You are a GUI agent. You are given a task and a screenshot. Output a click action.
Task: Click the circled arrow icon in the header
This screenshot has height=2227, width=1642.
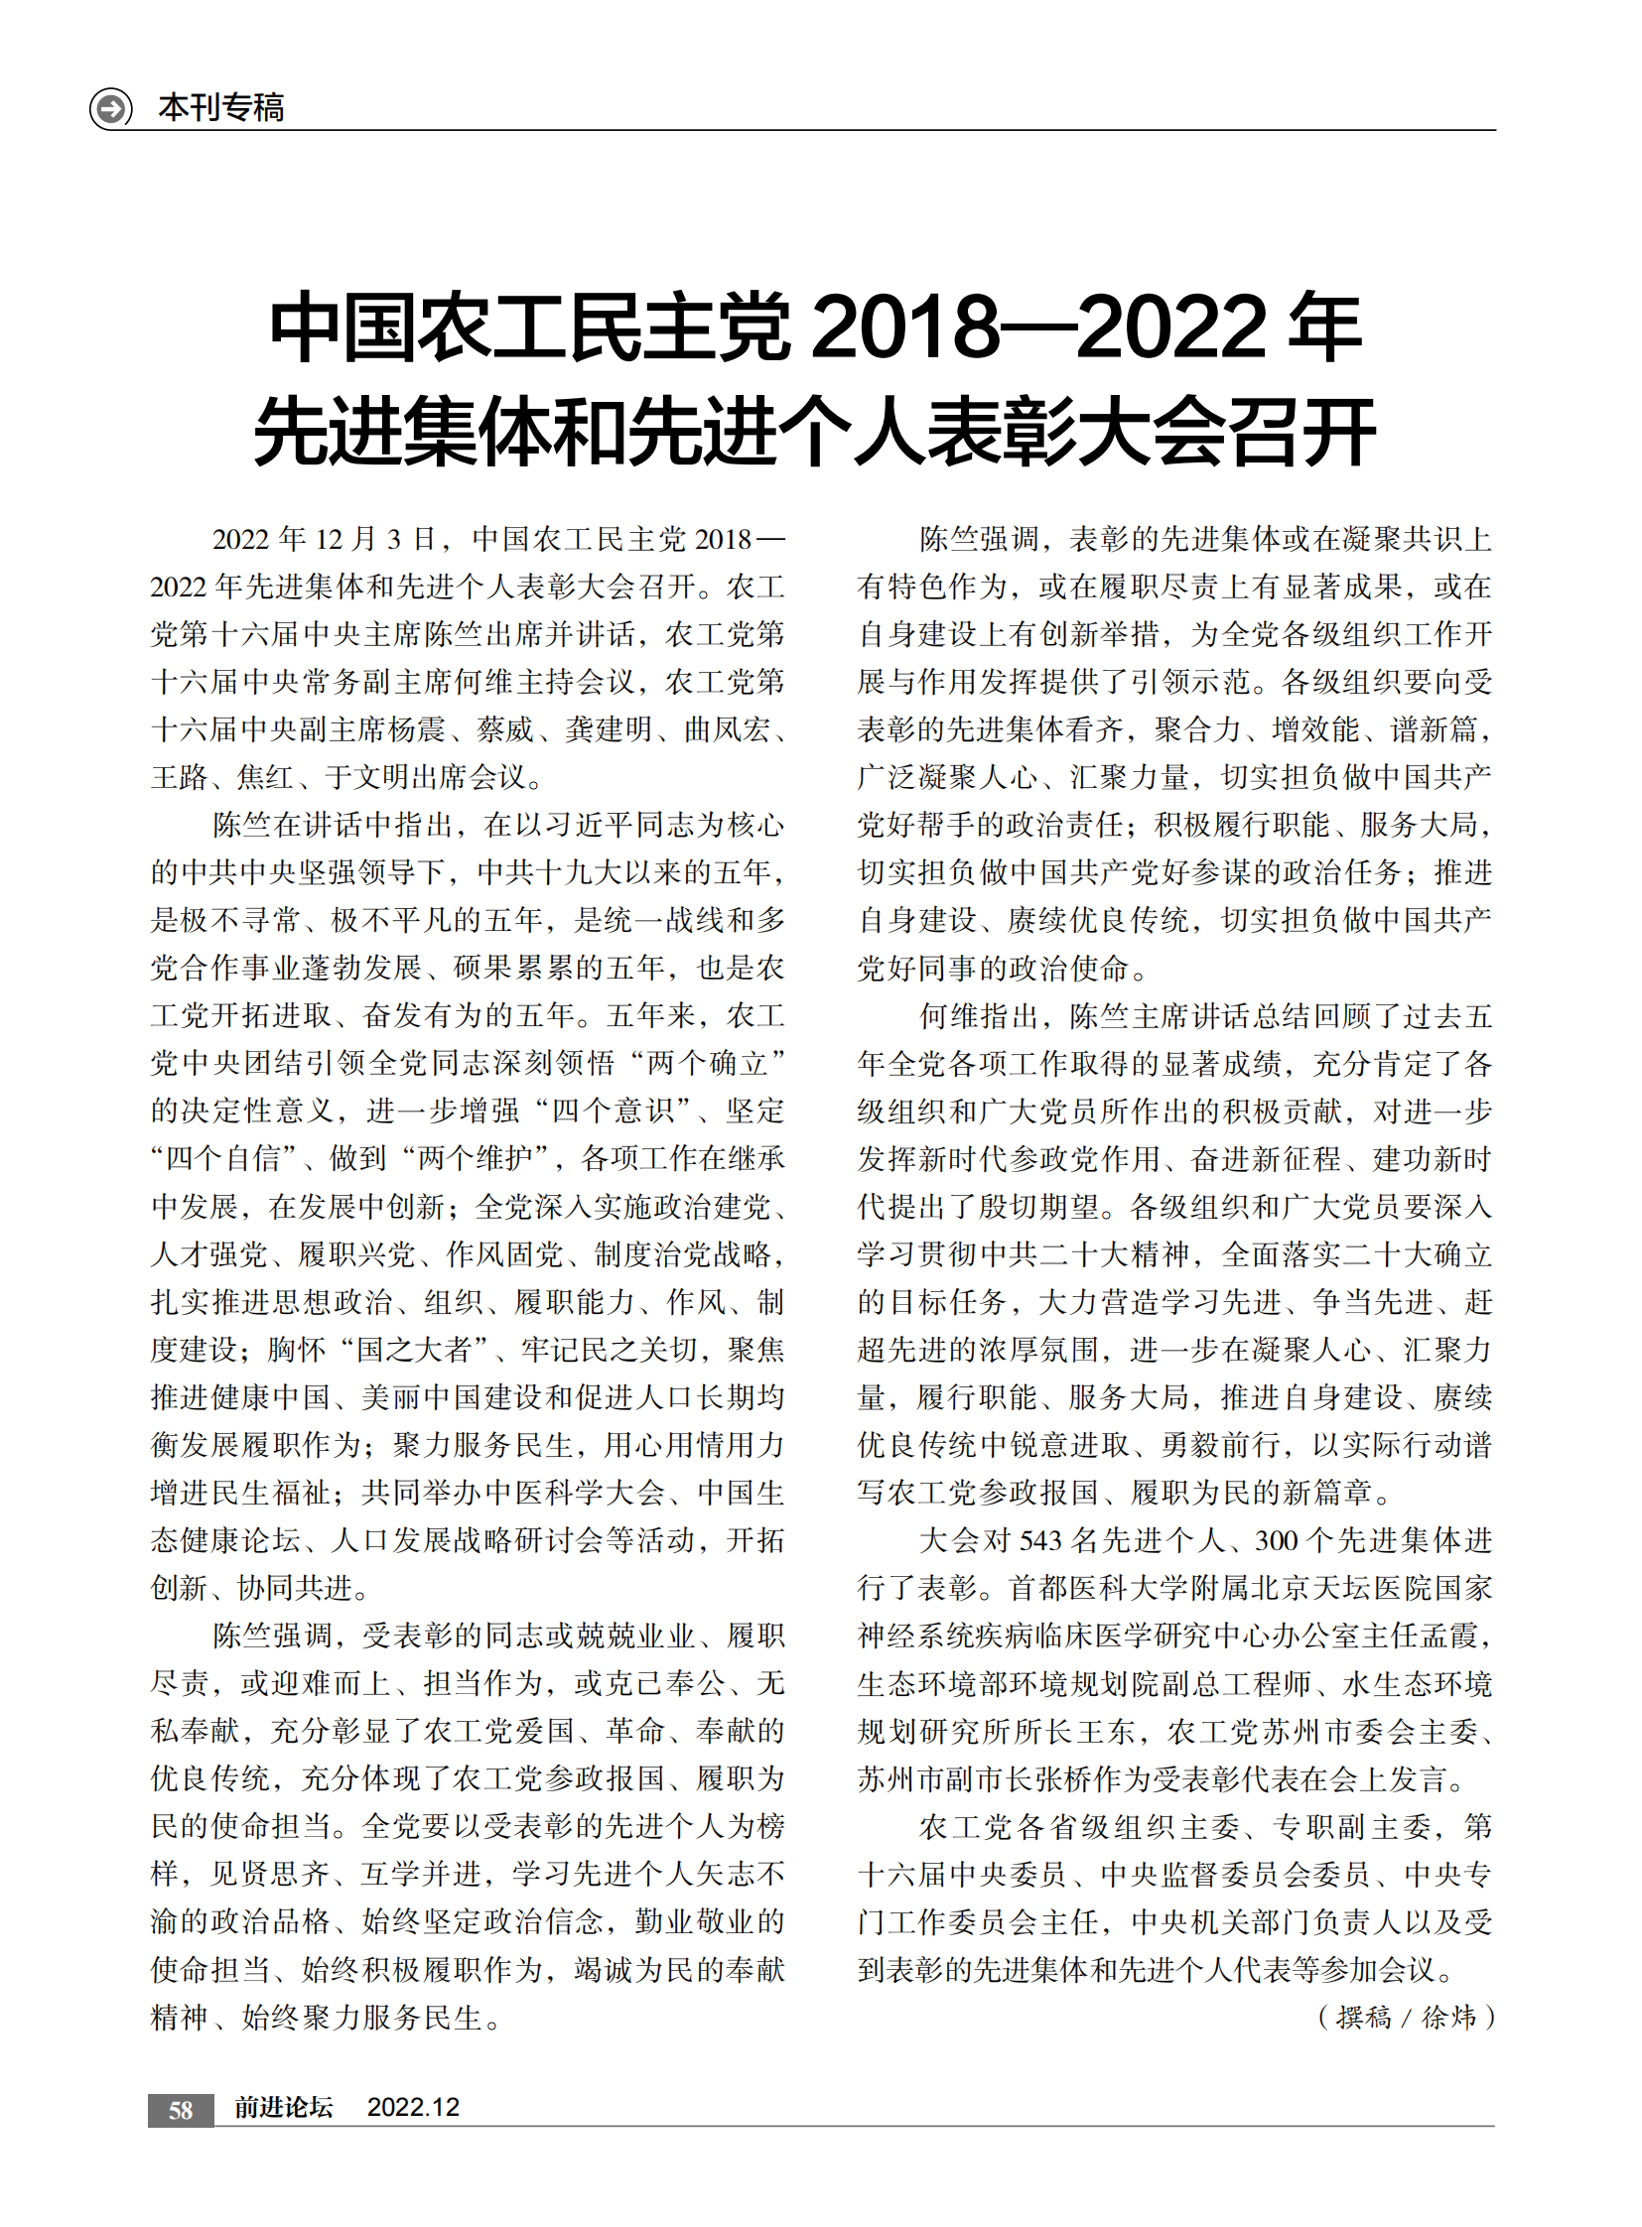[110, 107]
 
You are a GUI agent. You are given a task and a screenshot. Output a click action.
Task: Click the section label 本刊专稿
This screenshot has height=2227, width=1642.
[220, 107]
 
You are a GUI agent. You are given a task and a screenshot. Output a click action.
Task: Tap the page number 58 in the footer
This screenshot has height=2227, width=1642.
[180, 2111]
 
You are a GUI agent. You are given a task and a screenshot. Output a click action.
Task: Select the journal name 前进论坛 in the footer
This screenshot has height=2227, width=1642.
[283, 2108]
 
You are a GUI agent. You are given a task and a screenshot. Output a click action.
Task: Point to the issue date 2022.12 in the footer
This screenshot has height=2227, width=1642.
[413, 2108]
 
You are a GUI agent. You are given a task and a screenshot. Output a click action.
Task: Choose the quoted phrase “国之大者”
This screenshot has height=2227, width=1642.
[418, 1350]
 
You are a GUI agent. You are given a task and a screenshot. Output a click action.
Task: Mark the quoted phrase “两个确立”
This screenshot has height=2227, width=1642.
[708, 1063]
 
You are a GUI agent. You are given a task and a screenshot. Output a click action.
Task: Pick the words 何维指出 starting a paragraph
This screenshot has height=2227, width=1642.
[978, 1015]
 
